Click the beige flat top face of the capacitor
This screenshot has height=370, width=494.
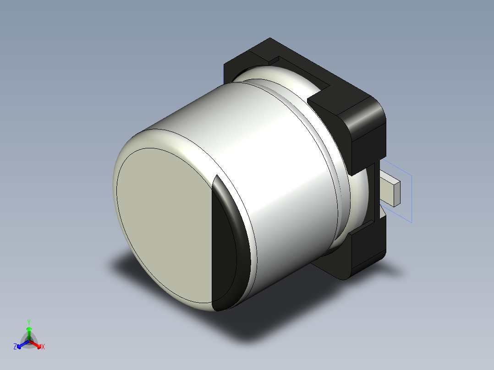[165, 224]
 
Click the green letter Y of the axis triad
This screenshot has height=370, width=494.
[28, 322]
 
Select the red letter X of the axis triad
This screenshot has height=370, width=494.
[43, 347]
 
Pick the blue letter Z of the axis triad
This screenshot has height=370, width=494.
[15, 347]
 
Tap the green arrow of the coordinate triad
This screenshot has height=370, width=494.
[28, 332]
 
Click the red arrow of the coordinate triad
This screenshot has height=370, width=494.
[36, 343]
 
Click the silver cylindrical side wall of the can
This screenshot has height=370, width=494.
[257, 151]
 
